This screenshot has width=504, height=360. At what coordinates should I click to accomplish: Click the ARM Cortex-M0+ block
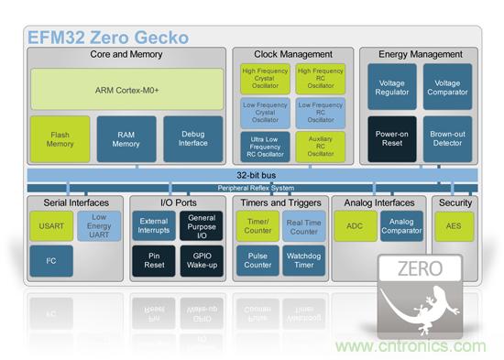(x=127, y=90)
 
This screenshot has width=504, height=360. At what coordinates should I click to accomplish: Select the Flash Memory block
(x=60, y=139)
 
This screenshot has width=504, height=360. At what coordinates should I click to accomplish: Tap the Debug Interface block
(x=192, y=139)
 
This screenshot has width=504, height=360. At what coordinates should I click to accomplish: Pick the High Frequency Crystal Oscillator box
(x=265, y=79)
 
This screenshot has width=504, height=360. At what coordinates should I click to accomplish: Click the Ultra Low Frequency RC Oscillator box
(x=265, y=147)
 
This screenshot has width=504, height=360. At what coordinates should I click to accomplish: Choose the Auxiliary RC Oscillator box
(x=321, y=147)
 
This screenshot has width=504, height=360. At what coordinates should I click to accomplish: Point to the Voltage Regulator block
(x=392, y=87)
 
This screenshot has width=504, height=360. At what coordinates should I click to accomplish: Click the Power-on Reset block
(x=392, y=139)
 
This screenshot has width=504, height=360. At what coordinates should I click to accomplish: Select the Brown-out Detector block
(x=447, y=139)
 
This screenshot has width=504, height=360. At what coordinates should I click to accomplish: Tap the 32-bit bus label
(x=257, y=175)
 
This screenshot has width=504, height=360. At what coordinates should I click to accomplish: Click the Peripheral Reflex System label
(x=256, y=188)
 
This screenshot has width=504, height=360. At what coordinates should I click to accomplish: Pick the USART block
(x=51, y=226)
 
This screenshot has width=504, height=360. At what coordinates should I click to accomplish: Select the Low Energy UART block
(x=99, y=226)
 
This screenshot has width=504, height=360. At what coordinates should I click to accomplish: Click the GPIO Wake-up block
(x=202, y=261)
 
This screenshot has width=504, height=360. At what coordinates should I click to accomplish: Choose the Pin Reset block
(x=154, y=261)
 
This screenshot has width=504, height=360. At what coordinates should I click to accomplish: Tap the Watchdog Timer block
(x=303, y=261)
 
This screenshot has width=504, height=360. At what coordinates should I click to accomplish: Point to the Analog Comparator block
(x=401, y=226)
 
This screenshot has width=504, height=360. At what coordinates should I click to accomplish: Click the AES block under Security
(x=454, y=226)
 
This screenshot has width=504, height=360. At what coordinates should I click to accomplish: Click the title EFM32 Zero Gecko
(x=108, y=38)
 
